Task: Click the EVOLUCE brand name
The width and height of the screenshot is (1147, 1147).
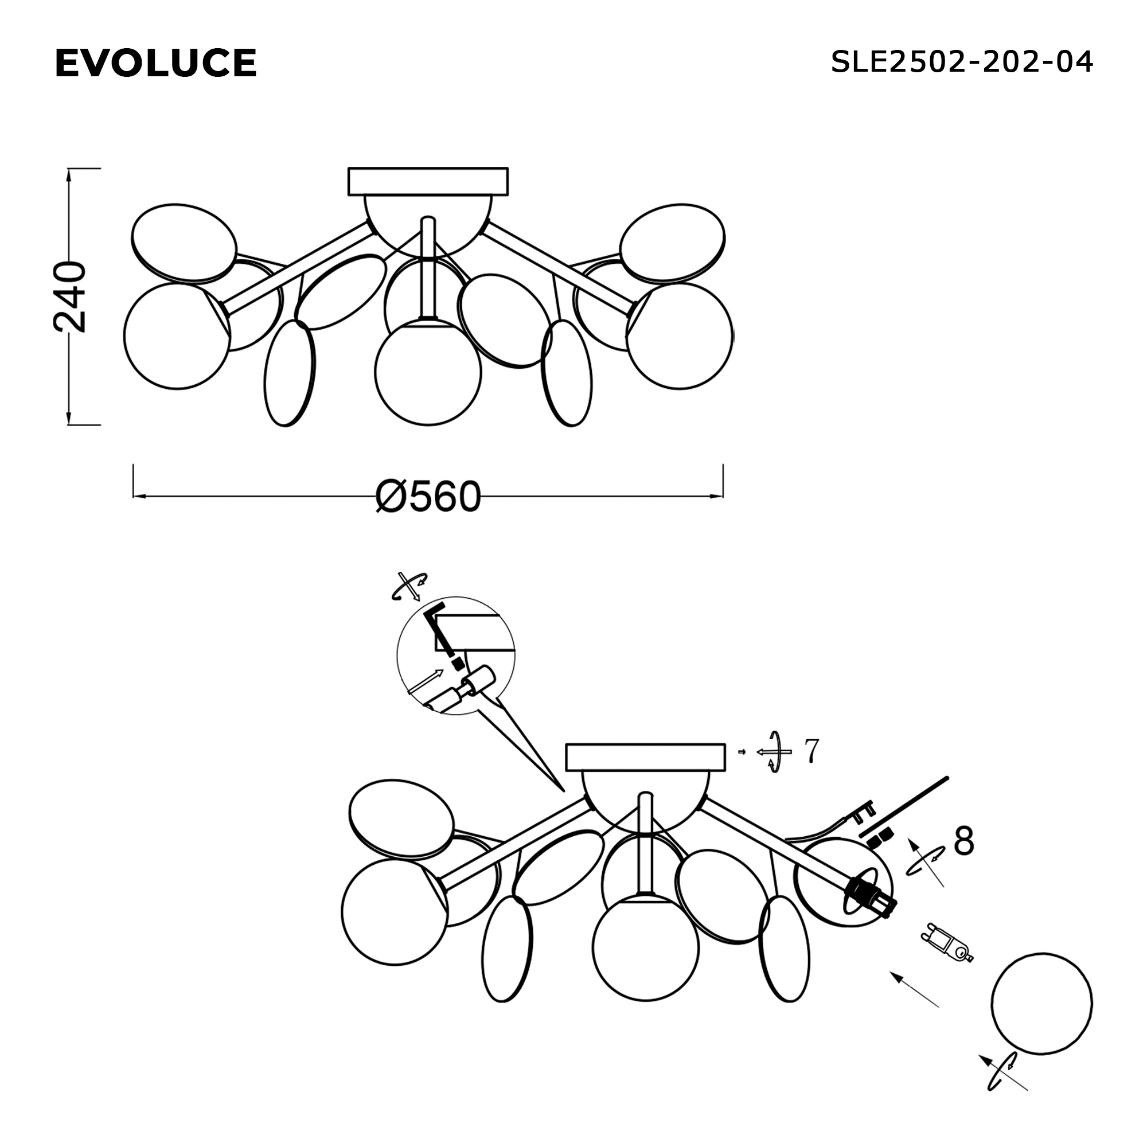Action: (x=155, y=63)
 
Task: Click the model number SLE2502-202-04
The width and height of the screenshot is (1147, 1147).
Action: (x=962, y=62)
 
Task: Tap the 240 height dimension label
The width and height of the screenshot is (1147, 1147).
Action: (x=70, y=296)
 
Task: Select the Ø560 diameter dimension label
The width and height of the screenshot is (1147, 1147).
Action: (x=428, y=497)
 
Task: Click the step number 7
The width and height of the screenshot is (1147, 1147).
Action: (x=812, y=751)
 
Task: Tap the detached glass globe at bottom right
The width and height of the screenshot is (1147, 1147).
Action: (x=1043, y=1004)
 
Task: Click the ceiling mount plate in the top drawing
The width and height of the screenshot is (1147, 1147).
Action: (x=428, y=182)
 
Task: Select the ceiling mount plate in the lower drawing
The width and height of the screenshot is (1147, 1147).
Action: (x=646, y=757)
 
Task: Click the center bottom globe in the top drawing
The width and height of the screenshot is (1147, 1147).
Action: (x=427, y=372)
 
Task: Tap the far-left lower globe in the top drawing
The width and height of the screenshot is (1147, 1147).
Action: (x=177, y=336)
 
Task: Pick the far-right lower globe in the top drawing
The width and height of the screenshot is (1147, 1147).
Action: (x=680, y=336)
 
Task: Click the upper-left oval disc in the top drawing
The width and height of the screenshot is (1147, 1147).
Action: (x=184, y=243)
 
